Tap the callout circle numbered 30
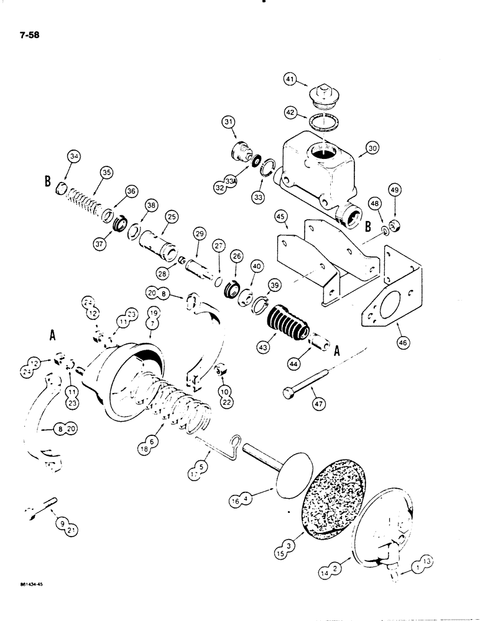[372, 148]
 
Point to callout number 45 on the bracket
[282, 217]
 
